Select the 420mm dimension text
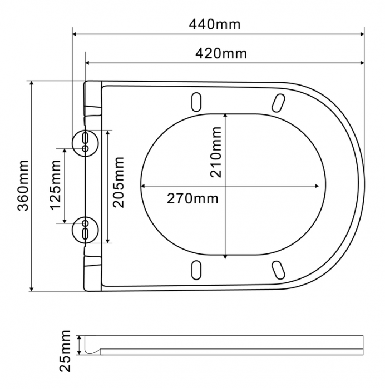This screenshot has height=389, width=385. coord(221,54)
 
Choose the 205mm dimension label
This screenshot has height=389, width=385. coord(119,182)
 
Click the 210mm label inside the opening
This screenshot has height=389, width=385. coord(215,151)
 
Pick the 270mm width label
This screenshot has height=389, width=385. coord(192,198)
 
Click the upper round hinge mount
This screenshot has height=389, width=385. coord(85,141)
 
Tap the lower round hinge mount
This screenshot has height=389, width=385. coord(85,228)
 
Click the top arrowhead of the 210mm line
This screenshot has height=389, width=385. coord(225,116)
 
